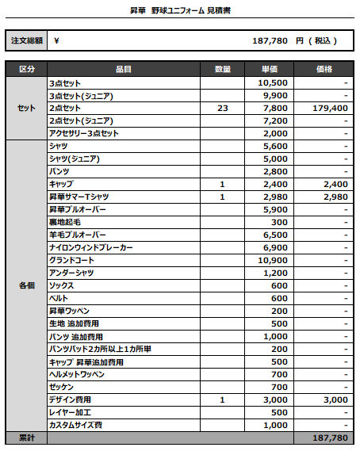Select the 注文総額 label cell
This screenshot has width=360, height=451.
point(26,40)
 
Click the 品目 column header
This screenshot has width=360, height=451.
point(123,70)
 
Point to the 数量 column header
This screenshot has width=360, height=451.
point(223,70)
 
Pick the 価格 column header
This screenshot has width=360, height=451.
point(323,70)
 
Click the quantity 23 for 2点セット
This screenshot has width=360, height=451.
point(223,108)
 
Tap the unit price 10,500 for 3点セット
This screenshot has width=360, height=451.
point(274,82)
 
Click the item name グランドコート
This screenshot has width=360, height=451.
point(73,260)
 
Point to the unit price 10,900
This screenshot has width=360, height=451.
point(274,260)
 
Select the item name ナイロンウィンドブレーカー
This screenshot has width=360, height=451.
point(90,247)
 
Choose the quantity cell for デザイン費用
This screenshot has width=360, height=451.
point(223,399)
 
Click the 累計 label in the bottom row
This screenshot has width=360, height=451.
point(26,438)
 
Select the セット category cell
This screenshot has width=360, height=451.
point(26,108)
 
